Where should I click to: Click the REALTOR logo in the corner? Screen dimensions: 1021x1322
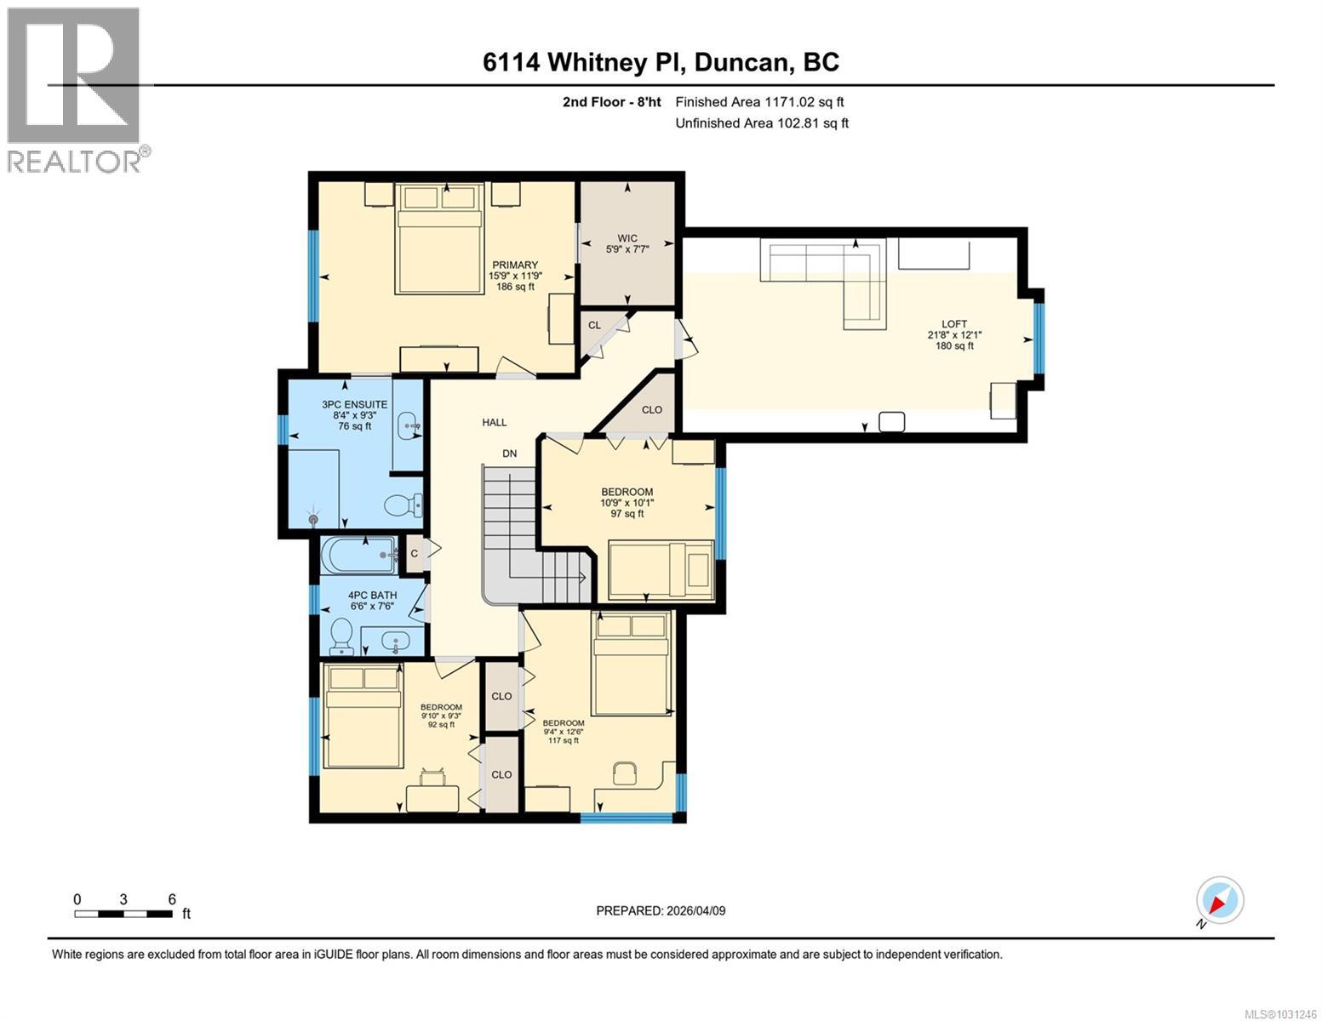[75, 89]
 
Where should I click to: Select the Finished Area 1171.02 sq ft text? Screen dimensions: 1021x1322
[759, 102]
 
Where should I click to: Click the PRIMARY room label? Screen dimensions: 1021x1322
[514, 265]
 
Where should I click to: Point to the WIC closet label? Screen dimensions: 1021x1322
[627, 238]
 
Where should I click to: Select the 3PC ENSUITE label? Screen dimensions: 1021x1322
[354, 405]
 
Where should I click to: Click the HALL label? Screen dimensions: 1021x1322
[494, 422]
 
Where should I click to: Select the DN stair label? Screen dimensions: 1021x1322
[509, 453]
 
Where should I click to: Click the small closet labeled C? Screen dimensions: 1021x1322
[415, 554]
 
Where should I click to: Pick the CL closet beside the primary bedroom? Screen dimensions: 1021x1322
[595, 325]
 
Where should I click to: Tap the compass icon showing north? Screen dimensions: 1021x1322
[1220, 900]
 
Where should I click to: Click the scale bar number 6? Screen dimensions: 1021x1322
[172, 899]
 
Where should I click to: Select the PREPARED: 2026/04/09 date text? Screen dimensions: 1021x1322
[661, 910]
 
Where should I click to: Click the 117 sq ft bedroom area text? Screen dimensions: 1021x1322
[564, 740]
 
